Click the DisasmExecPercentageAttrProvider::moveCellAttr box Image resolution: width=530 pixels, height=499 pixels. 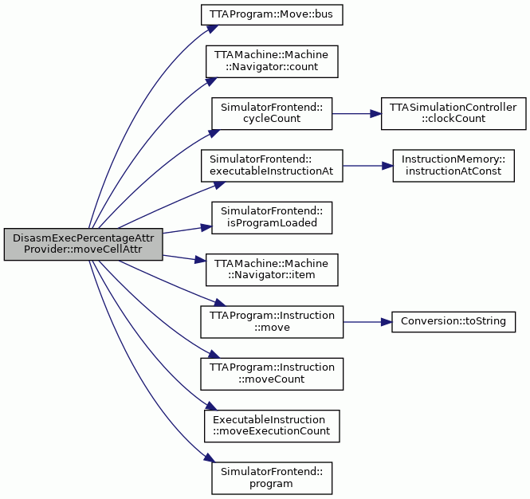83,244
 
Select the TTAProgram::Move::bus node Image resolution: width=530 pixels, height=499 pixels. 272,14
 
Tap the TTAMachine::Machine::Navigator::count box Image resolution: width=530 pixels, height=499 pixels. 272,61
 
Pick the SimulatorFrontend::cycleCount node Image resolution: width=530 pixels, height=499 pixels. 272,113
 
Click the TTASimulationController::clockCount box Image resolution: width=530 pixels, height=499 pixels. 453,113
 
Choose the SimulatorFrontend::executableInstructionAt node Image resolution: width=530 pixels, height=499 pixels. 272,166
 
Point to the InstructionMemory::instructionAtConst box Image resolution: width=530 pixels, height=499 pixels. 453,166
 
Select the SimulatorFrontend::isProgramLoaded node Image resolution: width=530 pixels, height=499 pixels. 272,218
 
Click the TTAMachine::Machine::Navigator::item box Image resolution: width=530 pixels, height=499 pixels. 272,269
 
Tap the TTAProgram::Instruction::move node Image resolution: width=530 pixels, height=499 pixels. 272,322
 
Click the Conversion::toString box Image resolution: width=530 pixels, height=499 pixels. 453,322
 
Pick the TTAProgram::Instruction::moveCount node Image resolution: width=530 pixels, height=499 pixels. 272,374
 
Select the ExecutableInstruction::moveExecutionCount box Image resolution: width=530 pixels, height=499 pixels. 272,426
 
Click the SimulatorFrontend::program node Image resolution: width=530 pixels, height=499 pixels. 272,478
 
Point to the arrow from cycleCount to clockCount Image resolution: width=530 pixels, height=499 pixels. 356,114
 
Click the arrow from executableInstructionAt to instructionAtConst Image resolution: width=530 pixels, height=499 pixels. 367,166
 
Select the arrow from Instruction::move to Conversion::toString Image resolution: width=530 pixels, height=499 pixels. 367,322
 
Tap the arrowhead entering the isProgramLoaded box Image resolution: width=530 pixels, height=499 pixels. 206,227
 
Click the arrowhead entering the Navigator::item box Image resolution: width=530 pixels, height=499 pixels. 200,260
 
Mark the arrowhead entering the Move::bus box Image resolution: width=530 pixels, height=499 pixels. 211,29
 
